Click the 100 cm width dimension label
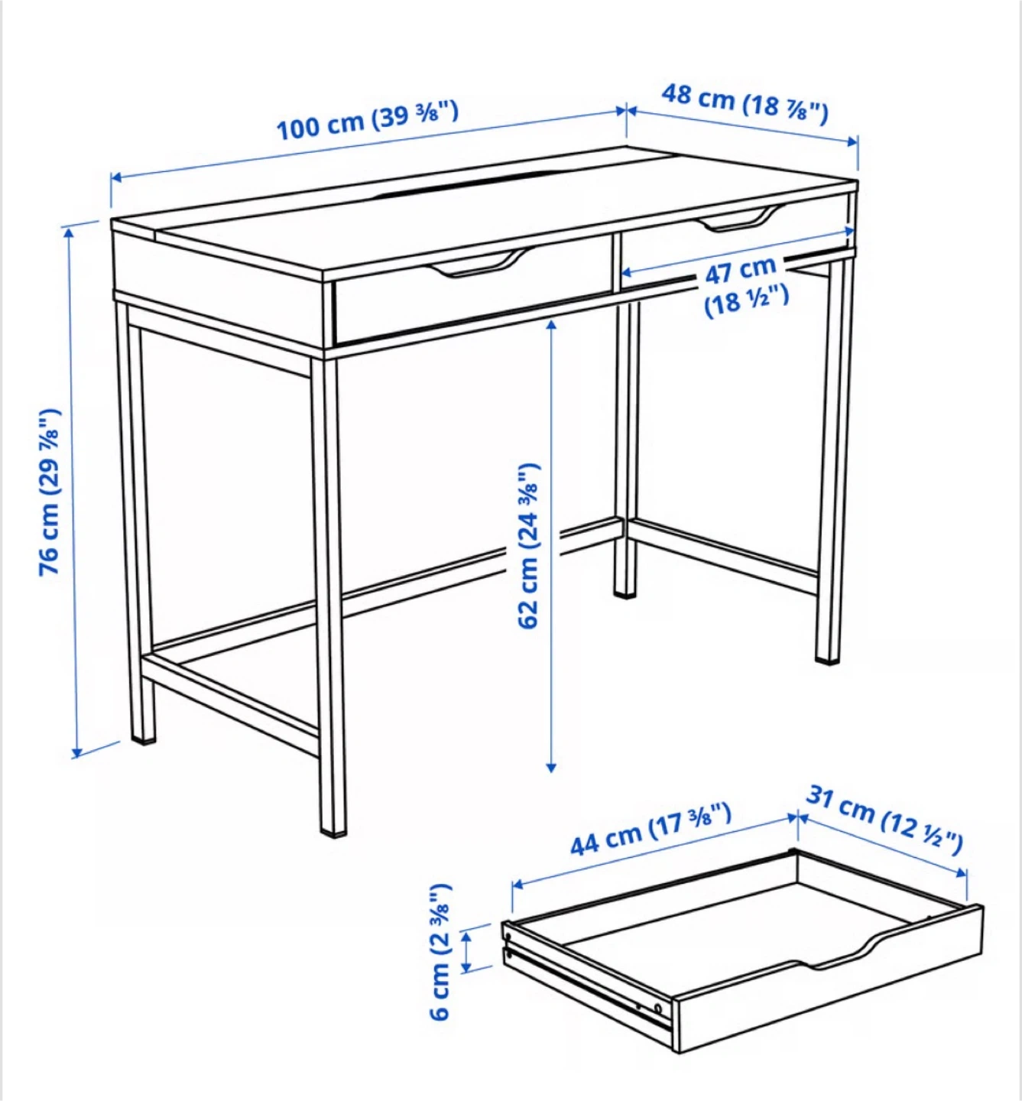click(367, 120)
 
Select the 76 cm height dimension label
click(49, 492)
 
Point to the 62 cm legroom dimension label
click(528, 546)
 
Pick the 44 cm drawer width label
click(651, 830)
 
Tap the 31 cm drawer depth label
click(884, 820)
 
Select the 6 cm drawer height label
click(441, 951)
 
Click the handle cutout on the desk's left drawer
click(477, 264)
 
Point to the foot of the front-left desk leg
click(144, 739)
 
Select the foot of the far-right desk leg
click(827, 658)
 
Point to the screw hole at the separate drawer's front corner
click(657, 1008)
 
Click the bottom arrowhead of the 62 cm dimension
click(550, 768)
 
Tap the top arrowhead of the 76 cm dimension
click(69, 233)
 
